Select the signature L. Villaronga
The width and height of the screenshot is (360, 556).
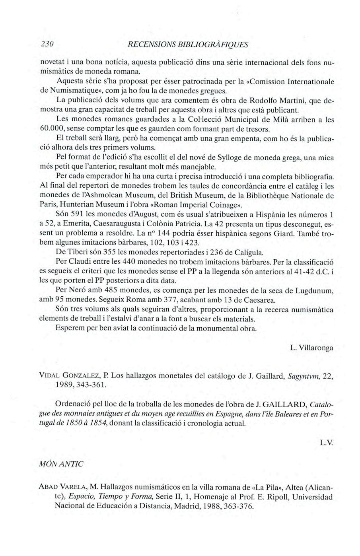311,348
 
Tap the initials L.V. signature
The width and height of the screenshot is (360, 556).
326,442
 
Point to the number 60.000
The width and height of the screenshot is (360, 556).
52,129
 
